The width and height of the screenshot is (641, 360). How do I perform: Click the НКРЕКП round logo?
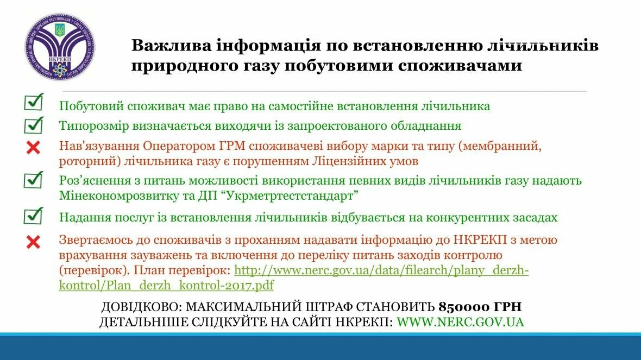click(x=60, y=47)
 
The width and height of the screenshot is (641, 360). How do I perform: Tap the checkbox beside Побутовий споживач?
click(x=34, y=102)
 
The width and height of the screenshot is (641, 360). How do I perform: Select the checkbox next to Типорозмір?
click(x=34, y=125)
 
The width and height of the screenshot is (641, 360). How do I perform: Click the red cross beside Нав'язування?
click(x=33, y=147)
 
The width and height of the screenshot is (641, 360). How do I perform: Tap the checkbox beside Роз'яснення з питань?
click(x=34, y=179)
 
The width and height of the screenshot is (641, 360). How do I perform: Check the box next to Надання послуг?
click(x=34, y=216)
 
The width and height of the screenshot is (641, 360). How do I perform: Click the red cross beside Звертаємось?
click(x=33, y=242)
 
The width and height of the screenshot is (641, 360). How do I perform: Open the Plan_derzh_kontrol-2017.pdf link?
click(x=294, y=277)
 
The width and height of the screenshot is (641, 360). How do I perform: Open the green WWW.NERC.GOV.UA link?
click(x=460, y=322)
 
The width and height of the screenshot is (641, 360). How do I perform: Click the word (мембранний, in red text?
click(x=500, y=146)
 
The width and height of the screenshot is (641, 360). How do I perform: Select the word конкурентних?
click(x=465, y=217)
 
